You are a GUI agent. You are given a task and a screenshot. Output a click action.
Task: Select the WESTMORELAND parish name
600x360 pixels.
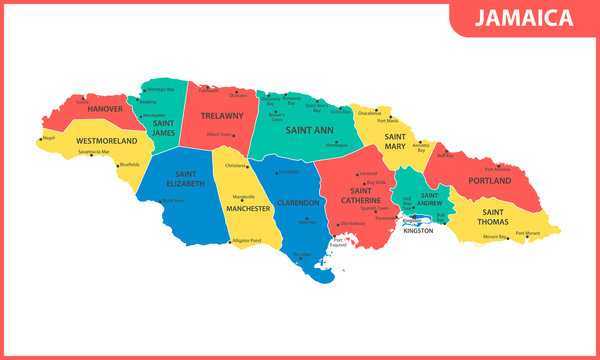[x=105, y=141]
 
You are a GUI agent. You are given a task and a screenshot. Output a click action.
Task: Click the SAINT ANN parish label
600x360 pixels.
[x=309, y=130]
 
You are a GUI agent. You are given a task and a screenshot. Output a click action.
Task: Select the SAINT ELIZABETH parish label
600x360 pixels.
[x=184, y=179]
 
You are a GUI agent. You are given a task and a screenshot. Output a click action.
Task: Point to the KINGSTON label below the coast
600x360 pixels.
[x=417, y=231]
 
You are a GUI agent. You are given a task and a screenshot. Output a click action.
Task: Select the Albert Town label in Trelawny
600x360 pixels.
[x=220, y=134]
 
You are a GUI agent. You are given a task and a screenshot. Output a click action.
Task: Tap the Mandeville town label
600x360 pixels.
[x=243, y=196]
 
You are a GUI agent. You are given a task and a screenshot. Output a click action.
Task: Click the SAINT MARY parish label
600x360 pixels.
[x=396, y=142]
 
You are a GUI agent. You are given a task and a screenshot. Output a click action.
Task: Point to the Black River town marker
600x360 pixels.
[x=161, y=201]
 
